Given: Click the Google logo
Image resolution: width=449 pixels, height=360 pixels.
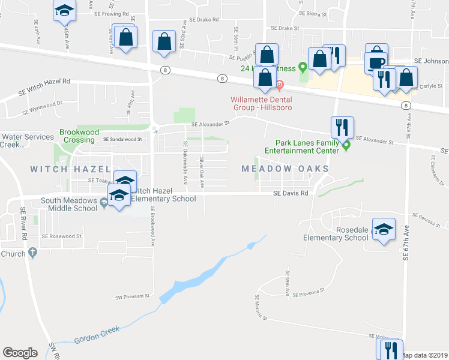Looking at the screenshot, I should point(20,353).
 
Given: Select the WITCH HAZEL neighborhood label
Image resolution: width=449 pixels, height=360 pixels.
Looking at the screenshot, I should point(71,169).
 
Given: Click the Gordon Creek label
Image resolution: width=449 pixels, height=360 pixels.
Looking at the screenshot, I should point(97,335).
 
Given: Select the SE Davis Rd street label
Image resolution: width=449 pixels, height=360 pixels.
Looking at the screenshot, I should point(291,193).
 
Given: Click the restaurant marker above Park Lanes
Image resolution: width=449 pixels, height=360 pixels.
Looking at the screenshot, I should point(342,127).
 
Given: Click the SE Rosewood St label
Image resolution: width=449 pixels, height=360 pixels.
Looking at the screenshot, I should point(63,236).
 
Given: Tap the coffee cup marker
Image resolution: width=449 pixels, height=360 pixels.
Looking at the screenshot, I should point(376,62).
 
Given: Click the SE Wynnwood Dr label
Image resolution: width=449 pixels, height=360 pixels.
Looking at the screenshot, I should point(43,107).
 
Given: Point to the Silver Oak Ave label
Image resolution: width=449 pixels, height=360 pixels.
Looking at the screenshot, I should point(202,171).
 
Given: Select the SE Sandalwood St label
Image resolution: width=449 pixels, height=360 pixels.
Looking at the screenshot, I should point(122,139).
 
